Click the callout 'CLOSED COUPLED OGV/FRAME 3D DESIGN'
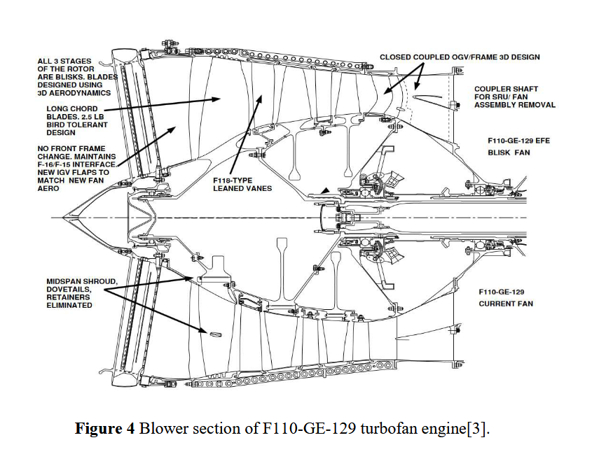click(460, 57)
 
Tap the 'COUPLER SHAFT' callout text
click(514, 89)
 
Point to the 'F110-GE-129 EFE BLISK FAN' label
click(518, 146)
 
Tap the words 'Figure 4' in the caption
click(104, 429)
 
